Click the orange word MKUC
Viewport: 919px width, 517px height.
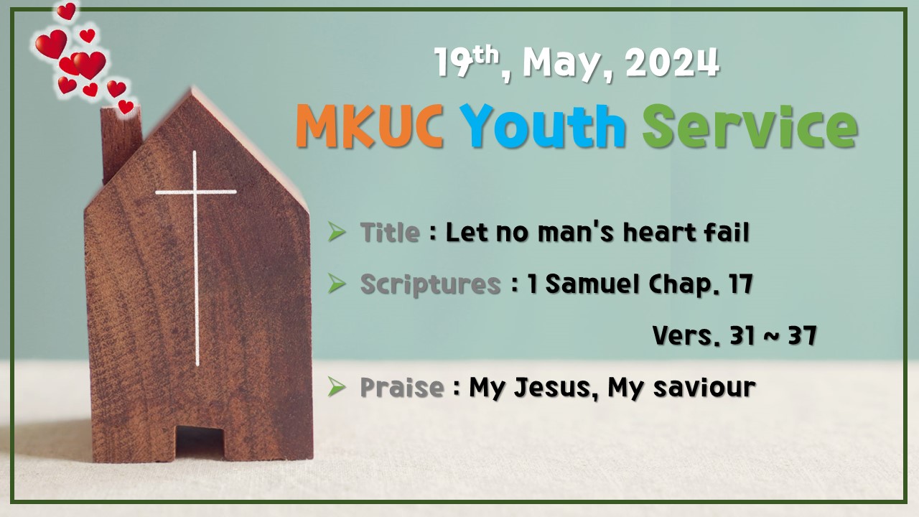tap(368, 127)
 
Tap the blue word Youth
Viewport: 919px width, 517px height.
tap(543, 127)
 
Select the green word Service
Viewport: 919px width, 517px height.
tap(750, 127)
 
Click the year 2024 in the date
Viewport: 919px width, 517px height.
tap(672, 63)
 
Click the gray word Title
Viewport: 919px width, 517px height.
tap(390, 233)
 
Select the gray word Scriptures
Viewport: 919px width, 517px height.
tap(430, 284)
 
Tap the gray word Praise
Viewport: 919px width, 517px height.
tap(401, 388)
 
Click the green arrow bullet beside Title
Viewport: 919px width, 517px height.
tap(337, 232)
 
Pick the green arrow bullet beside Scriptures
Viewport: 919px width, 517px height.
tap(337, 284)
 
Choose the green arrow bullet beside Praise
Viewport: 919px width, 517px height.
tap(337, 387)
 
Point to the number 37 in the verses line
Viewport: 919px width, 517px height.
tap(801, 335)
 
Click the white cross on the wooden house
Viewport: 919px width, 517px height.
tap(195, 215)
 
